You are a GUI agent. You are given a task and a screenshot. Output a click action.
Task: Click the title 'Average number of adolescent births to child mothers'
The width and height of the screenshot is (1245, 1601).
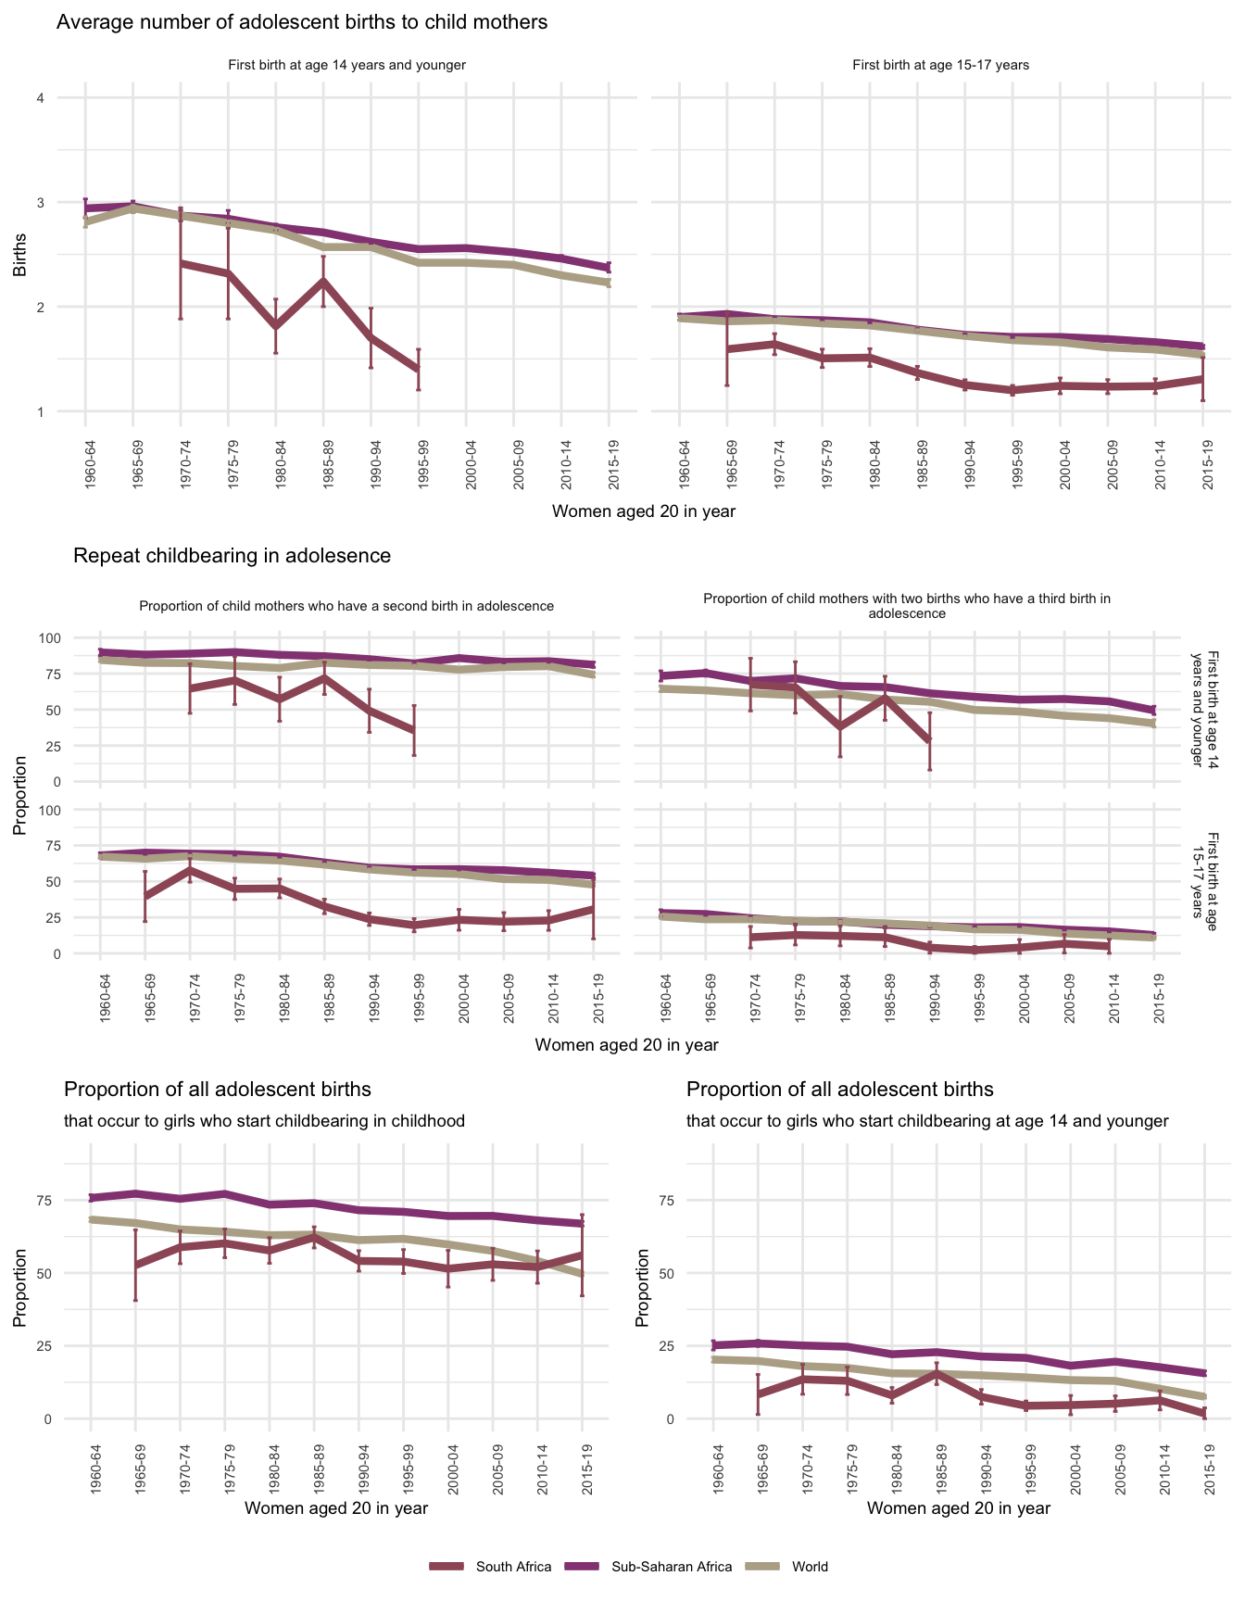302,22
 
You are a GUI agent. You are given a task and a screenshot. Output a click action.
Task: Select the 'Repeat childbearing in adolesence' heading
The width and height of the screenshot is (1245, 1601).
232,556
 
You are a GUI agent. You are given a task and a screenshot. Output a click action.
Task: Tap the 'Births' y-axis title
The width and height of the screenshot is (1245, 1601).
20,255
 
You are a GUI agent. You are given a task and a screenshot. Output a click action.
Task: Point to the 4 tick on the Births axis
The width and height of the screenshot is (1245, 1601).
40,98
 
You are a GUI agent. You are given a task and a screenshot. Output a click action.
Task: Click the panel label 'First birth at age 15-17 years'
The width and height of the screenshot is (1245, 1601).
940,65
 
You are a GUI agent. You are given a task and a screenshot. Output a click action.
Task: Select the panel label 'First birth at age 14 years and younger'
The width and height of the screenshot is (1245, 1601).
346,65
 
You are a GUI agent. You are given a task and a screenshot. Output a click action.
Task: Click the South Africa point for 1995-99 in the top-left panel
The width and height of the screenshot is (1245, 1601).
419,369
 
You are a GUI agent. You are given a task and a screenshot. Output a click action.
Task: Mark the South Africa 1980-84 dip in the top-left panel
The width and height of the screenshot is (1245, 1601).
275,325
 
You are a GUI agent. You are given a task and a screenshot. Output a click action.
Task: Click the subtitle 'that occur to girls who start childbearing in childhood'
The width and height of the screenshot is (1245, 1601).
264,1121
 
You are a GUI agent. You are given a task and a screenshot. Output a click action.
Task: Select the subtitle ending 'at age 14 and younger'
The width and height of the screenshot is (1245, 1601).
927,1121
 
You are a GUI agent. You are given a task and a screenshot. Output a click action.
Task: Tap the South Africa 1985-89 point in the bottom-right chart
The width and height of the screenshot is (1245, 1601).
937,1374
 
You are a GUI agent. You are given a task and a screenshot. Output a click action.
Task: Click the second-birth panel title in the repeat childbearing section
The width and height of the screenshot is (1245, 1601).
346,606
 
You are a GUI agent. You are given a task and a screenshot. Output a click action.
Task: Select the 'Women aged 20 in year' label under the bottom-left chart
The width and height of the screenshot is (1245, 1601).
336,1508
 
